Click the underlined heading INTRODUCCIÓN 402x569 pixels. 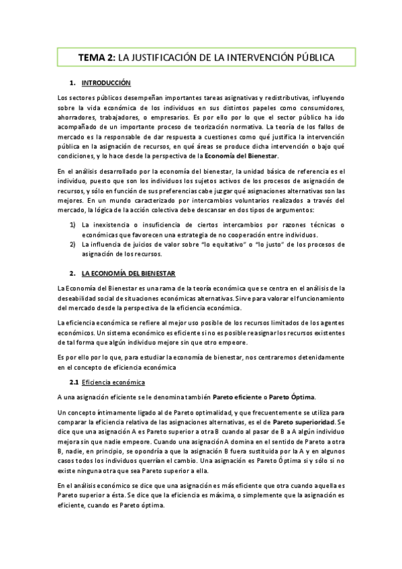point(105,84)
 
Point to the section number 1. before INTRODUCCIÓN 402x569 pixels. point(73,84)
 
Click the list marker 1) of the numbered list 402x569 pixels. point(73,225)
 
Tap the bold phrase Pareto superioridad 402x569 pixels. point(303,421)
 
